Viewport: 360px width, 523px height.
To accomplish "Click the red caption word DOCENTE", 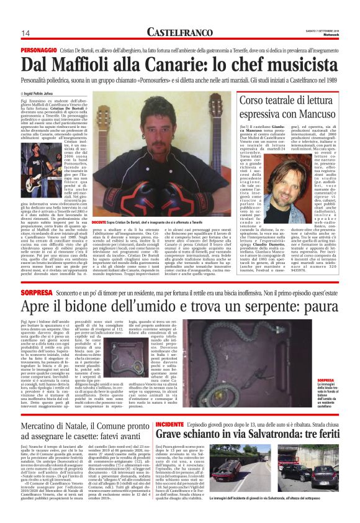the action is (x=100, y=222).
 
